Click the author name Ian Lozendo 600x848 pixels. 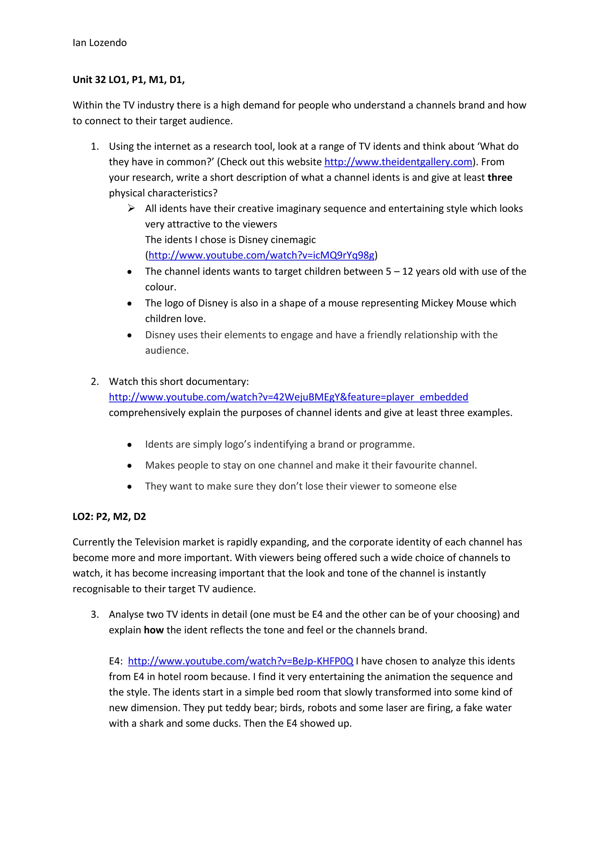tap(99, 43)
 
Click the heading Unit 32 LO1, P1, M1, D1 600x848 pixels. tap(128, 80)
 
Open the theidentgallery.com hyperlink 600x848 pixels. tap(398, 162)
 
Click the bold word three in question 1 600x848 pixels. tap(500, 178)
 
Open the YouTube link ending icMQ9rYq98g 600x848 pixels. tap(261, 256)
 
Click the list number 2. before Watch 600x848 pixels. tap(95, 382)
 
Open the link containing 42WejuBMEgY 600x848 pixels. tap(288, 397)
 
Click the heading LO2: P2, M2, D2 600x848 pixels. tap(109, 516)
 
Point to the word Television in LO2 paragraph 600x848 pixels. tap(157, 542)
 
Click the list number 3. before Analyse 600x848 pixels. tap(95, 614)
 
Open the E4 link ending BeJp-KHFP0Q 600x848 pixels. tap(240, 661)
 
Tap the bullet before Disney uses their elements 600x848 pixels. tap(129, 335)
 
